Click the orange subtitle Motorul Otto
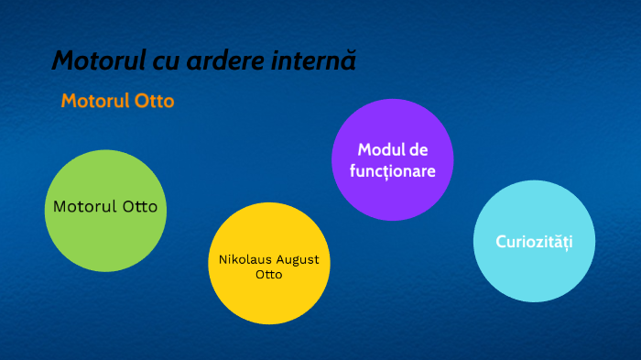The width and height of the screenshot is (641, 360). [117, 101]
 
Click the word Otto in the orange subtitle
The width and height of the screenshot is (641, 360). [154, 101]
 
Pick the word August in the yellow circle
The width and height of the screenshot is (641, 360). [297, 259]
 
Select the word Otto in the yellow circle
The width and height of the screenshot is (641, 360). [269, 274]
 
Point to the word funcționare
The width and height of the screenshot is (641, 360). [393, 171]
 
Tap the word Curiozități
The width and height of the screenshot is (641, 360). [534, 242]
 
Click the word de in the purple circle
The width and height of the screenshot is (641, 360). [418, 149]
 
